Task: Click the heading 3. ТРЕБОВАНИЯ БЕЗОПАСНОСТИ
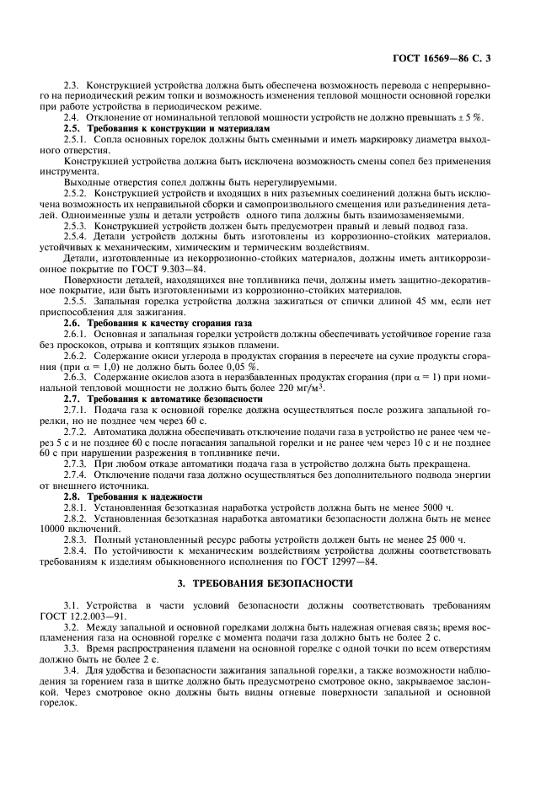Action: click(278, 582)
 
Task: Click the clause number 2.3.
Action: click(72, 87)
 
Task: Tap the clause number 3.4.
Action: click(72, 670)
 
